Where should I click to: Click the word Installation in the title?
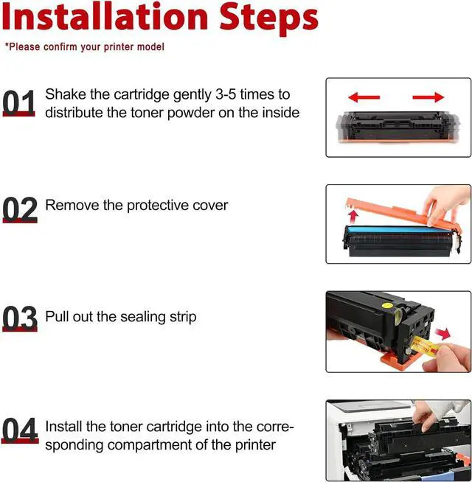pos(105,17)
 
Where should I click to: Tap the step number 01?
pos(18,102)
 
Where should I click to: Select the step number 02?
pos(20,209)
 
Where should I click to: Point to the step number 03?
pos(20,318)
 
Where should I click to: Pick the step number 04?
pos(20,430)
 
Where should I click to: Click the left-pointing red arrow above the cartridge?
pos(364,97)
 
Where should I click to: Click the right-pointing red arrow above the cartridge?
pos(428,97)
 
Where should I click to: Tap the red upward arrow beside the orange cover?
pos(353,217)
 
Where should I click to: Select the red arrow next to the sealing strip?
pos(443,334)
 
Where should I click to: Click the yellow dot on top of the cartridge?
pos(387,305)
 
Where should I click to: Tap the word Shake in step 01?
pos(66,94)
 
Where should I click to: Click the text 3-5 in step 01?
pos(226,94)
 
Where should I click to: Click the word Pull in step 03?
pos(57,316)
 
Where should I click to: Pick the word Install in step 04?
pos(64,427)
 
